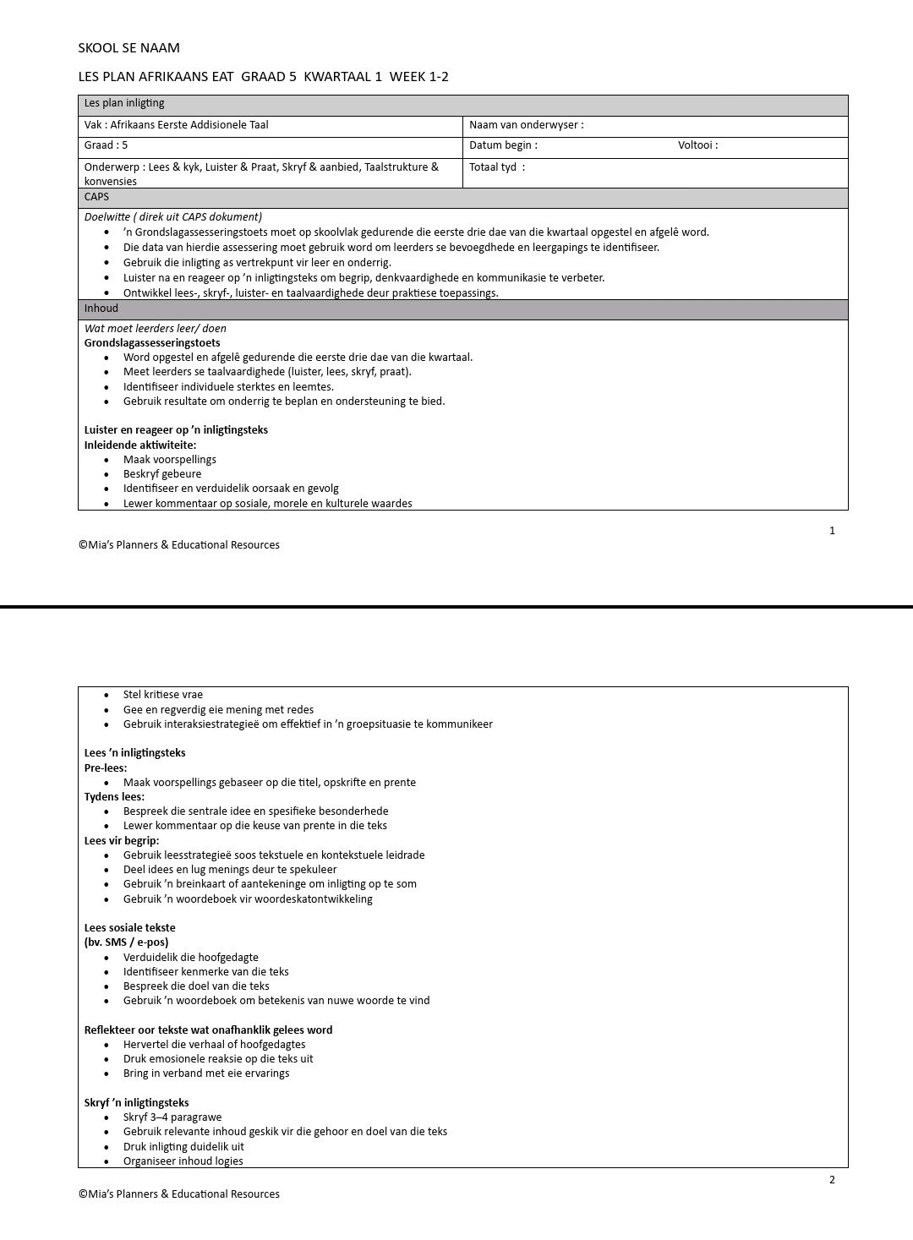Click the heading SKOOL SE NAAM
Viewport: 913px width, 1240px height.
click(128, 48)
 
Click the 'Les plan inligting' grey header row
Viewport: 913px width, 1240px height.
click(462, 104)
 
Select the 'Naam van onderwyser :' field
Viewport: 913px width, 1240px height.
click(527, 125)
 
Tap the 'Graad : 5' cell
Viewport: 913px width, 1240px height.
click(107, 145)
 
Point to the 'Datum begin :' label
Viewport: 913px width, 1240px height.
click(503, 145)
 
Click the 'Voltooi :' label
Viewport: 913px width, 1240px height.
click(697, 145)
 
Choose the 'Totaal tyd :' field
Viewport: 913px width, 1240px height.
click(497, 167)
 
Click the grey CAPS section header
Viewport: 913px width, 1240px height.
click(462, 197)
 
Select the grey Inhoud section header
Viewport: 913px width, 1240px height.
click(462, 309)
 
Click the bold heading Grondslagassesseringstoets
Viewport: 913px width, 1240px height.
click(152, 343)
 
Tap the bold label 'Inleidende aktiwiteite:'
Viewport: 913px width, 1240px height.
click(140, 445)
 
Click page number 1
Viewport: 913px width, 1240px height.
click(832, 531)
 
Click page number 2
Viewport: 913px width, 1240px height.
click(832, 1180)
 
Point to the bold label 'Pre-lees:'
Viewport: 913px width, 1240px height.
click(106, 768)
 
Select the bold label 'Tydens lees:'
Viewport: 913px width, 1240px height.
click(114, 796)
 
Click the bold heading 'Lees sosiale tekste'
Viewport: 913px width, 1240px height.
click(130, 928)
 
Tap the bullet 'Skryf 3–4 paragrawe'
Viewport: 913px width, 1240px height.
click(172, 1117)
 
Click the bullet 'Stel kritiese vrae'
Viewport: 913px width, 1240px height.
click(163, 695)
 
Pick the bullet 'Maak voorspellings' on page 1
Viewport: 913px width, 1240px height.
click(170, 460)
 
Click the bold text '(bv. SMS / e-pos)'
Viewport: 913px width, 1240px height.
click(126, 942)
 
